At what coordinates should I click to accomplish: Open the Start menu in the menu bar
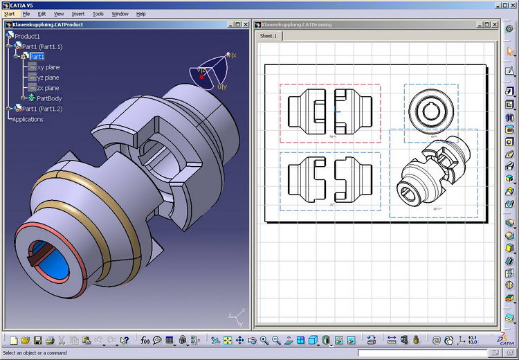(x=9, y=14)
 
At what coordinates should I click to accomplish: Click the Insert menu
(x=78, y=14)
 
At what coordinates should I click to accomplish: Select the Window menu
(x=120, y=14)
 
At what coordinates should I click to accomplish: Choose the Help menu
(x=141, y=14)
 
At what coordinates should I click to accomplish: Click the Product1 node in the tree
(x=28, y=36)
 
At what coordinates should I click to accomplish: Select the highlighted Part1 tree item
(x=37, y=57)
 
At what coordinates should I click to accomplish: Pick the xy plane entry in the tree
(x=48, y=67)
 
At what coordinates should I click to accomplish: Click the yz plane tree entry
(x=48, y=78)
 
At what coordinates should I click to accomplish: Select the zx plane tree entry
(x=48, y=88)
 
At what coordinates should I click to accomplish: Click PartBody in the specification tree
(x=49, y=98)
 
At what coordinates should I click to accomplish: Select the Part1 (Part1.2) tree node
(x=42, y=109)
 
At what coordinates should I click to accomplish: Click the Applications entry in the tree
(x=28, y=119)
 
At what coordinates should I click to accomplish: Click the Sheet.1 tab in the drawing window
(x=268, y=36)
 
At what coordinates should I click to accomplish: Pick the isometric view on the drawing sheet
(x=432, y=173)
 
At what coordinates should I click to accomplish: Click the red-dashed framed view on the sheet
(x=329, y=113)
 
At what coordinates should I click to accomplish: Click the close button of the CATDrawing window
(x=494, y=24)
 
